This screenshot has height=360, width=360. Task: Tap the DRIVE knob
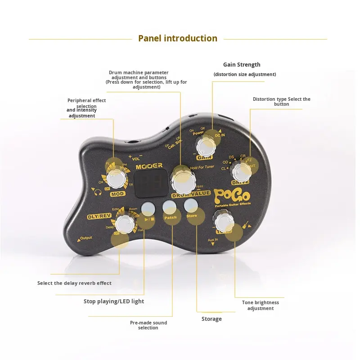pos(241,171)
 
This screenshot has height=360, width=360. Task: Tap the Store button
pos(191,206)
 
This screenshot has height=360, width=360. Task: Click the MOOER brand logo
pos(149,166)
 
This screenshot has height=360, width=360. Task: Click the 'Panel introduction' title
pos(178,38)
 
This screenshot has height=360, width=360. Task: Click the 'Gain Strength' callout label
pos(242,65)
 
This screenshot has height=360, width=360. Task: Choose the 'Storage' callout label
pos(211,319)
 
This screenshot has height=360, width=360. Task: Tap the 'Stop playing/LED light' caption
pos(114,301)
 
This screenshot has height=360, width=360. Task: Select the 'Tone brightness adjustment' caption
pos(260,305)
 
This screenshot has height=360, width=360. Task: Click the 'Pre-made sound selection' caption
pos(148,325)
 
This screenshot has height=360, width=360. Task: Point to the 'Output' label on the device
pos(85,238)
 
